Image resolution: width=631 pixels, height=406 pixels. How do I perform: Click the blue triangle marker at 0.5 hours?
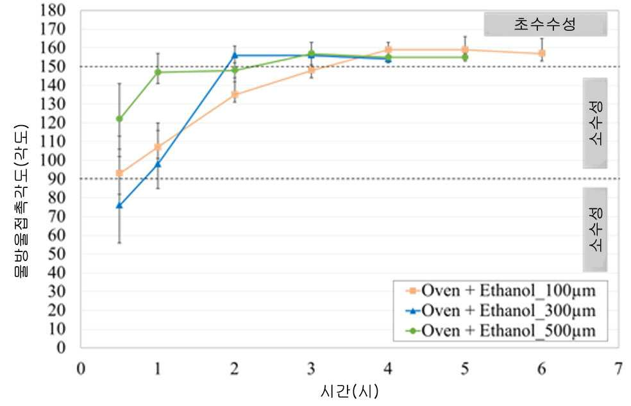[x=119, y=205]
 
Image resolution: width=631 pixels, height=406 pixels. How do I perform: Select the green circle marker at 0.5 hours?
[x=119, y=119]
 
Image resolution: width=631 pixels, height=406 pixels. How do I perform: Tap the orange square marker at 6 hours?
[x=542, y=53]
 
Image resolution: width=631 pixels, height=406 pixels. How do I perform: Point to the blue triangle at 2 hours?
[x=235, y=55]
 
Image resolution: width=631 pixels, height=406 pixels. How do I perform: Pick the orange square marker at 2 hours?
[x=235, y=94]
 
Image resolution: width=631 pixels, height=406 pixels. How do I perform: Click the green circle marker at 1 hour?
[x=158, y=72]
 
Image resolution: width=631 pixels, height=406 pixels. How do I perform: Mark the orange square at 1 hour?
[x=158, y=147]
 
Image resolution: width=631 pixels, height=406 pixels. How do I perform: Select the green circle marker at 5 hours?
[x=465, y=58]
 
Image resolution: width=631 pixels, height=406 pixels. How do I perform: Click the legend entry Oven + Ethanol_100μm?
[x=501, y=291]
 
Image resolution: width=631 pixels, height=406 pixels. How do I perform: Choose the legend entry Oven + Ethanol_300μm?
[x=501, y=310]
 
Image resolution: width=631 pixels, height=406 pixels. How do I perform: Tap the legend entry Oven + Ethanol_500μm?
[x=501, y=331]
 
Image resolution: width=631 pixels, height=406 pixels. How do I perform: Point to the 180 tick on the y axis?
[x=53, y=10]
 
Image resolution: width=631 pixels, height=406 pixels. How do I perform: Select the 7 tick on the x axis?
[x=619, y=369]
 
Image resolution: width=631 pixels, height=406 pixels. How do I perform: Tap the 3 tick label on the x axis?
[x=311, y=369]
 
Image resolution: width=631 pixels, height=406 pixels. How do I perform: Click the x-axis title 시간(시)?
[x=349, y=391]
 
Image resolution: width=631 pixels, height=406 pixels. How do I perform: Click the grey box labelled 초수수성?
[x=545, y=24]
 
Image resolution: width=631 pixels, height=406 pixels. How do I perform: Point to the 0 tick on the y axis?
[x=61, y=348]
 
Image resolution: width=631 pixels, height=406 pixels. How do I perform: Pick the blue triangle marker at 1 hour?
[x=158, y=164]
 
